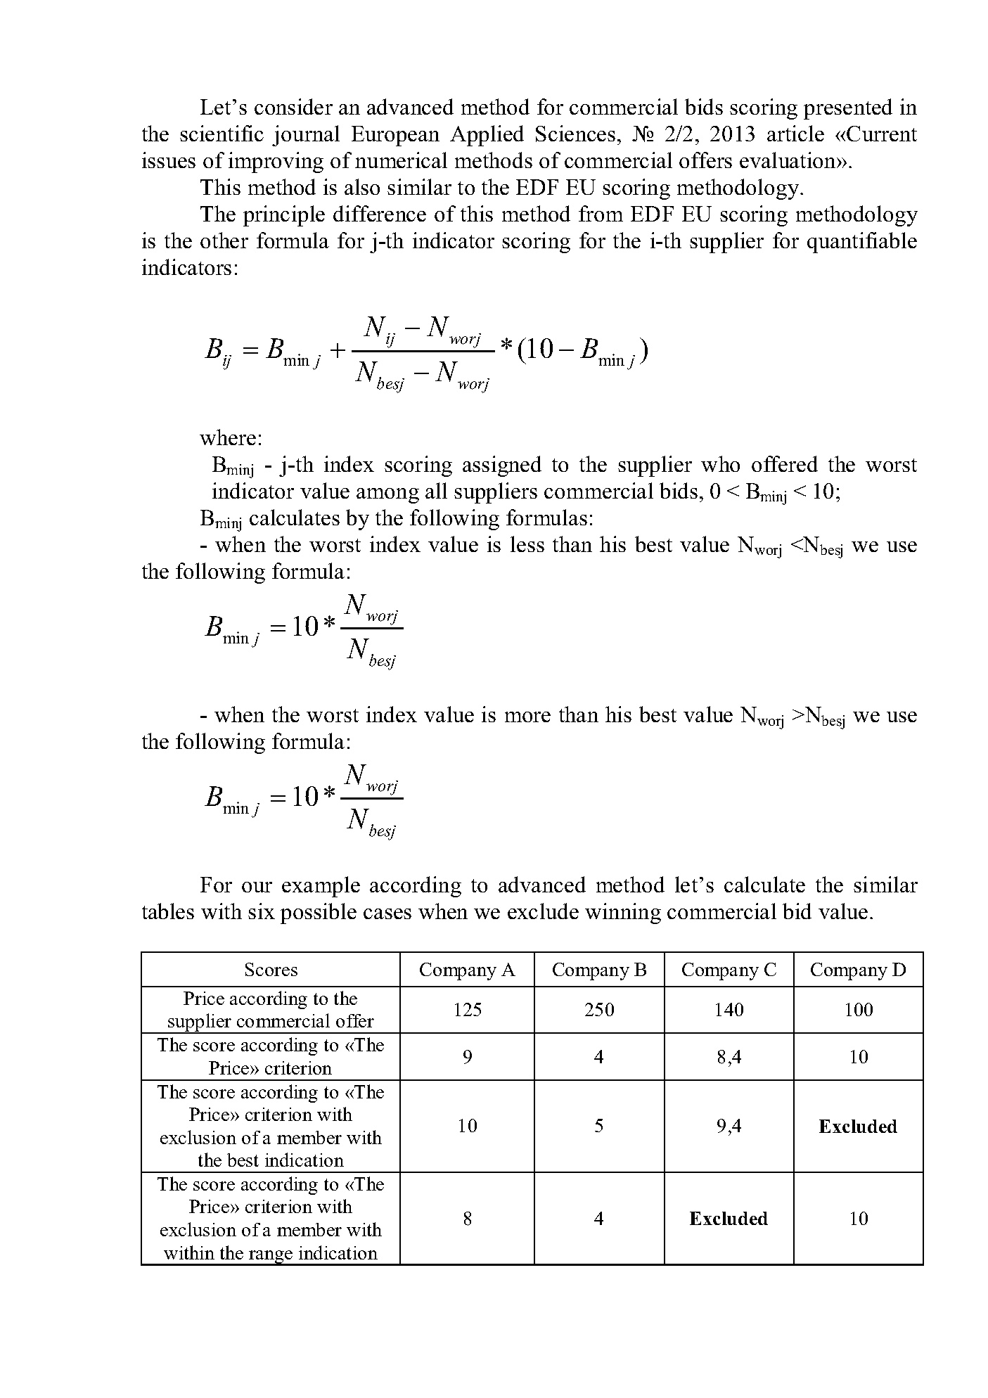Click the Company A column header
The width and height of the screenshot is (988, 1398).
click(x=467, y=970)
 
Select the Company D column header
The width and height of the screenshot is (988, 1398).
click(x=858, y=970)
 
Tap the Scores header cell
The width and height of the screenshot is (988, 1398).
click(x=271, y=970)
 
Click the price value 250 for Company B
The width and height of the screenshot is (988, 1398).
click(x=598, y=1010)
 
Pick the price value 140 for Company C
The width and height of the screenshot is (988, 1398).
click(x=729, y=1010)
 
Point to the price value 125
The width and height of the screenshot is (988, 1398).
click(x=467, y=1010)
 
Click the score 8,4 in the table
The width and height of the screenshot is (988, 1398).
click(x=729, y=1057)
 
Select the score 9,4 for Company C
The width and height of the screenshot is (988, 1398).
click(x=729, y=1126)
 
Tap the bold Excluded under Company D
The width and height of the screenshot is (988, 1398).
click(x=858, y=1127)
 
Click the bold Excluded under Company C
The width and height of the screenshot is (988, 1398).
click(x=729, y=1219)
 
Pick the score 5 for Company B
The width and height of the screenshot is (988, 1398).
click(x=598, y=1126)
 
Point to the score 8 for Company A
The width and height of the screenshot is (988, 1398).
click(x=467, y=1219)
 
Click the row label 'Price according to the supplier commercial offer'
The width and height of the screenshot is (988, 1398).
click(x=271, y=1010)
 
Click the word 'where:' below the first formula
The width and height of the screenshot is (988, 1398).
click(x=231, y=438)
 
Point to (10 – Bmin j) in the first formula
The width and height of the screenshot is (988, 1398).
click(x=582, y=350)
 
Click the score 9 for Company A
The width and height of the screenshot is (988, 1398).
click(x=467, y=1057)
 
